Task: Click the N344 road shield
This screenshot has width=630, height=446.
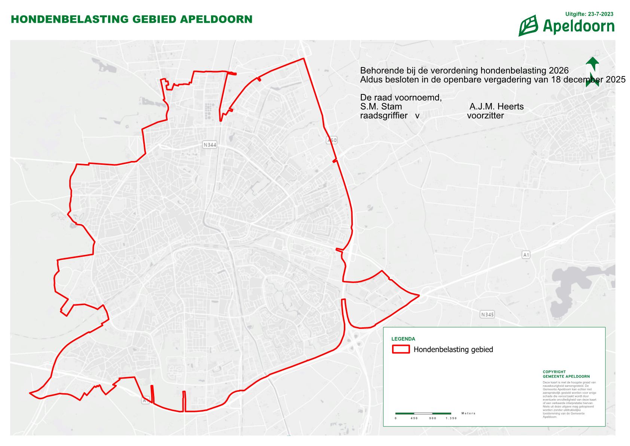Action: pyautogui.click(x=210, y=145)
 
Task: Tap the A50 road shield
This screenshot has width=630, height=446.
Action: pyautogui.click(x=332, y=140)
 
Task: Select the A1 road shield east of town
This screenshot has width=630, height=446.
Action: pyautogui.click(x=526, y=255)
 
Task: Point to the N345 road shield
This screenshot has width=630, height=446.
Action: pyautogui.click(x=487, y=315)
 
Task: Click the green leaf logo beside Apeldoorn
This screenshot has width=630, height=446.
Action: pyautogui.click(x=528, y=26)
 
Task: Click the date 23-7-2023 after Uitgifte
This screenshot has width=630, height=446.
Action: pyautogui.click(x=600, y=14)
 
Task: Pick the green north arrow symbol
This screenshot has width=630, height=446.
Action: pyautogui.click(x=592, y=72)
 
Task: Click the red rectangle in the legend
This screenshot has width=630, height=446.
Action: pyautogui.click(x=401, y=349)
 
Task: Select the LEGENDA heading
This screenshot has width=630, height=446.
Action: pyautogui.click(x=403, y=339)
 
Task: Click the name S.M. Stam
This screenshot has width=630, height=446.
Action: pyautogui.click(x=381, y=107)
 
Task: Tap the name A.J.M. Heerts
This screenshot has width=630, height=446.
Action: pyautogui.click(x=496, y=107)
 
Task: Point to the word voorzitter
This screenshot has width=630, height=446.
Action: pyautogui.click(x=485, y=116)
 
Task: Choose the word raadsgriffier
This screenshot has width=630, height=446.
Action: pyautogui.click(x=384, y=116)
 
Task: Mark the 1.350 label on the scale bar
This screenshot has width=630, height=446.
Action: pyautogui.click(x=451, y=418)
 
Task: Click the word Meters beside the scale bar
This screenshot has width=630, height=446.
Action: pyautogui.click(x=468, y=413)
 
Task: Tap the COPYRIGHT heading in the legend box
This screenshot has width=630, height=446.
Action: pyautogui.click(x=554, y=372)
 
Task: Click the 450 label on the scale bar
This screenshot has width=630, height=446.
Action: pyautogui.click(x=414, y=418)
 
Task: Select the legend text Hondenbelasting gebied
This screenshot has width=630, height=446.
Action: pyautogui.click(x=453, y=349)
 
